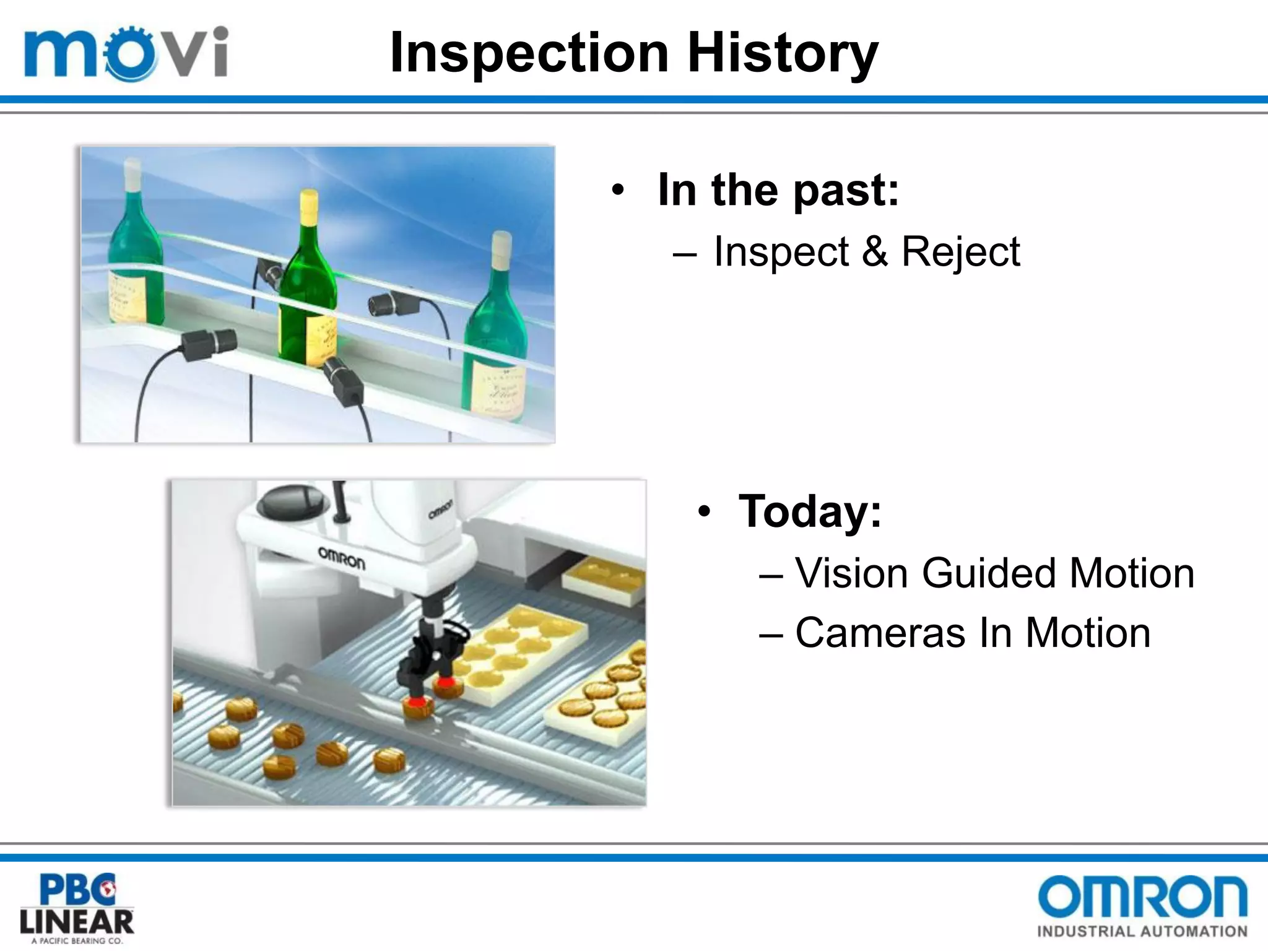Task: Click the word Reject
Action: pos(960,252)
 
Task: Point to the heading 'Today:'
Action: pos(810,511)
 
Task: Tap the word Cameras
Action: pos(880,633)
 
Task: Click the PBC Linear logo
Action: pos(77,908)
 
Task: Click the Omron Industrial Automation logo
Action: pos(1142,906)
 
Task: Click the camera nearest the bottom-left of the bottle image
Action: pos(209,342)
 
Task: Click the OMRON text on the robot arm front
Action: pos(341,557)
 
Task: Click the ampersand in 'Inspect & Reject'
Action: pos(874,252)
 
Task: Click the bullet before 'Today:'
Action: pos(703,512)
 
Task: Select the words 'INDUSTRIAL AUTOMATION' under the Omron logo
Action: pos(1142,931)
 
